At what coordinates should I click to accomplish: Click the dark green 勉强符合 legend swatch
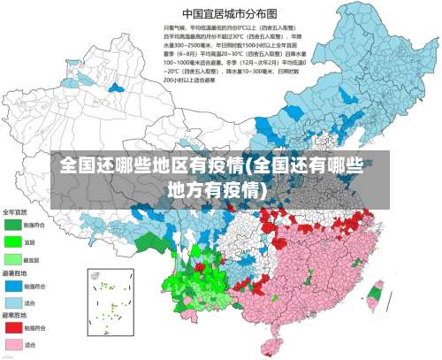click(x=13, y=226)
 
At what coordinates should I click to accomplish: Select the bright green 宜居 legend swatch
click(x=13, y=241)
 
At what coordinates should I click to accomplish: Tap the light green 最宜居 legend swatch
click(x=13, y=259)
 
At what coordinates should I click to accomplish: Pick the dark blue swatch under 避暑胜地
click(x=13, y=286)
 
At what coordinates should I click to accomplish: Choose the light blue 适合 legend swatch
click(x=13, y=303)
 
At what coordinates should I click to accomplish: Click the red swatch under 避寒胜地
click(x=13, y=327)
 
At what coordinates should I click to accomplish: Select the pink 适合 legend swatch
click(x=13, y=344)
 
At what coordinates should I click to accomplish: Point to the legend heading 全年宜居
click(x=15, y=212)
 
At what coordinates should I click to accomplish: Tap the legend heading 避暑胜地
click(x=13, y=272)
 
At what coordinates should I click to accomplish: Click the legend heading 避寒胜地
click(x=13, y=314)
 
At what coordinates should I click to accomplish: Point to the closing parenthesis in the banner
click(x=269, y=188)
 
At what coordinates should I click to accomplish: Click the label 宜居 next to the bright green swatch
click(x=30, y=241)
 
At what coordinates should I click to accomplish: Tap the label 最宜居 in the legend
click(x=32, y=259)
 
